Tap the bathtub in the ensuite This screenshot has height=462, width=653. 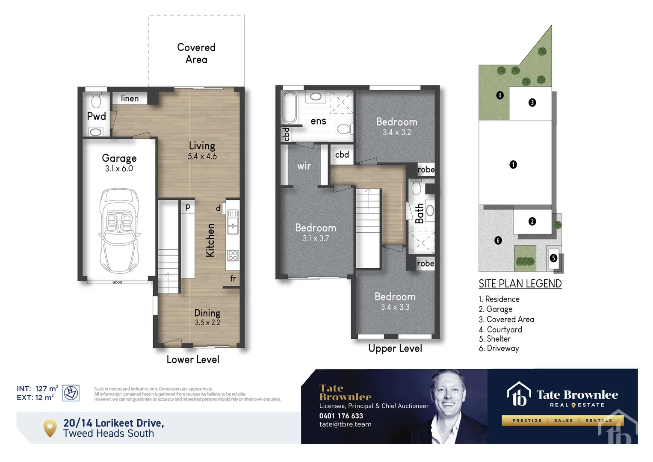click(x=290, y=107)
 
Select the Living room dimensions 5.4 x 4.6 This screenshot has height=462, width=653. click(x=202, y=157)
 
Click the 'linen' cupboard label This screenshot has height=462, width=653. click(x=130, y=98)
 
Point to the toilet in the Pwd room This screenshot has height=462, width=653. click(x=96, y=101)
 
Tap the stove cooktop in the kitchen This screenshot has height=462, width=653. click(x=233, y=255)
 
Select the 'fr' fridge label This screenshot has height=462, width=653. click(x=233, y=278)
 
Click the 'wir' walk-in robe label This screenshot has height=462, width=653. click(x=304, y=166)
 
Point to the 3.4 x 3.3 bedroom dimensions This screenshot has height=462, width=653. click(x=395, y=307)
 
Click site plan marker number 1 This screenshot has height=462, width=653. click(x=513, y=165)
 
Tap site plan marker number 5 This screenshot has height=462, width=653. click(x=553, y=258)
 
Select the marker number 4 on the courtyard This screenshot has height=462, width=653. click(x=500, y=95)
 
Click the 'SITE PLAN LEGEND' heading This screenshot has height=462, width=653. click(x=520, y=284)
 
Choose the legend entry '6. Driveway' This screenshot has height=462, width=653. click(x=499, y=348)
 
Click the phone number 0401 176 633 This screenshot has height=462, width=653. click(x=341, y=416)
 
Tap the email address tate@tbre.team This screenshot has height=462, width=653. click(x=345, y=424)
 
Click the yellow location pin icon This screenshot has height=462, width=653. click(x=50, y=427)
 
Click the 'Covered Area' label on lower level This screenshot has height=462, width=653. click(x=196, y=53)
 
